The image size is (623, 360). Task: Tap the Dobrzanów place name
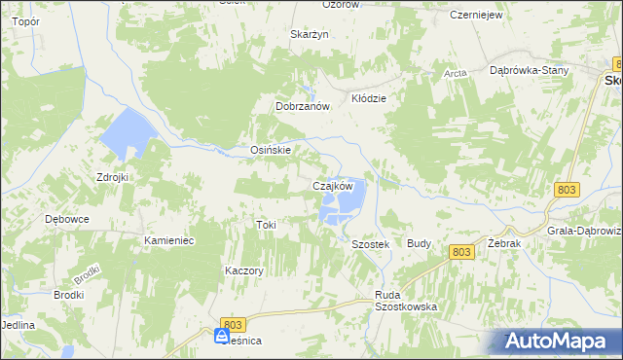tap(305, 106)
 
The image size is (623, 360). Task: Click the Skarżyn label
tap(311, 34)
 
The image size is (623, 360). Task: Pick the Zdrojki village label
tap(113, 177)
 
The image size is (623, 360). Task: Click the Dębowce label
tap(67, 219)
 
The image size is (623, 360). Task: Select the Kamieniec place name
tap(169, 239)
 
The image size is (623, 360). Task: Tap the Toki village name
tap(266, 225)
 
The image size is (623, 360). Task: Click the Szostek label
tap(370, 244)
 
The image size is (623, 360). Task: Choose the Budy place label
tap(420, 243)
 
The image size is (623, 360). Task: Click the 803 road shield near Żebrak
tap(462, 252)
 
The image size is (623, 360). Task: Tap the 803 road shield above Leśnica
tap(232, 324)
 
